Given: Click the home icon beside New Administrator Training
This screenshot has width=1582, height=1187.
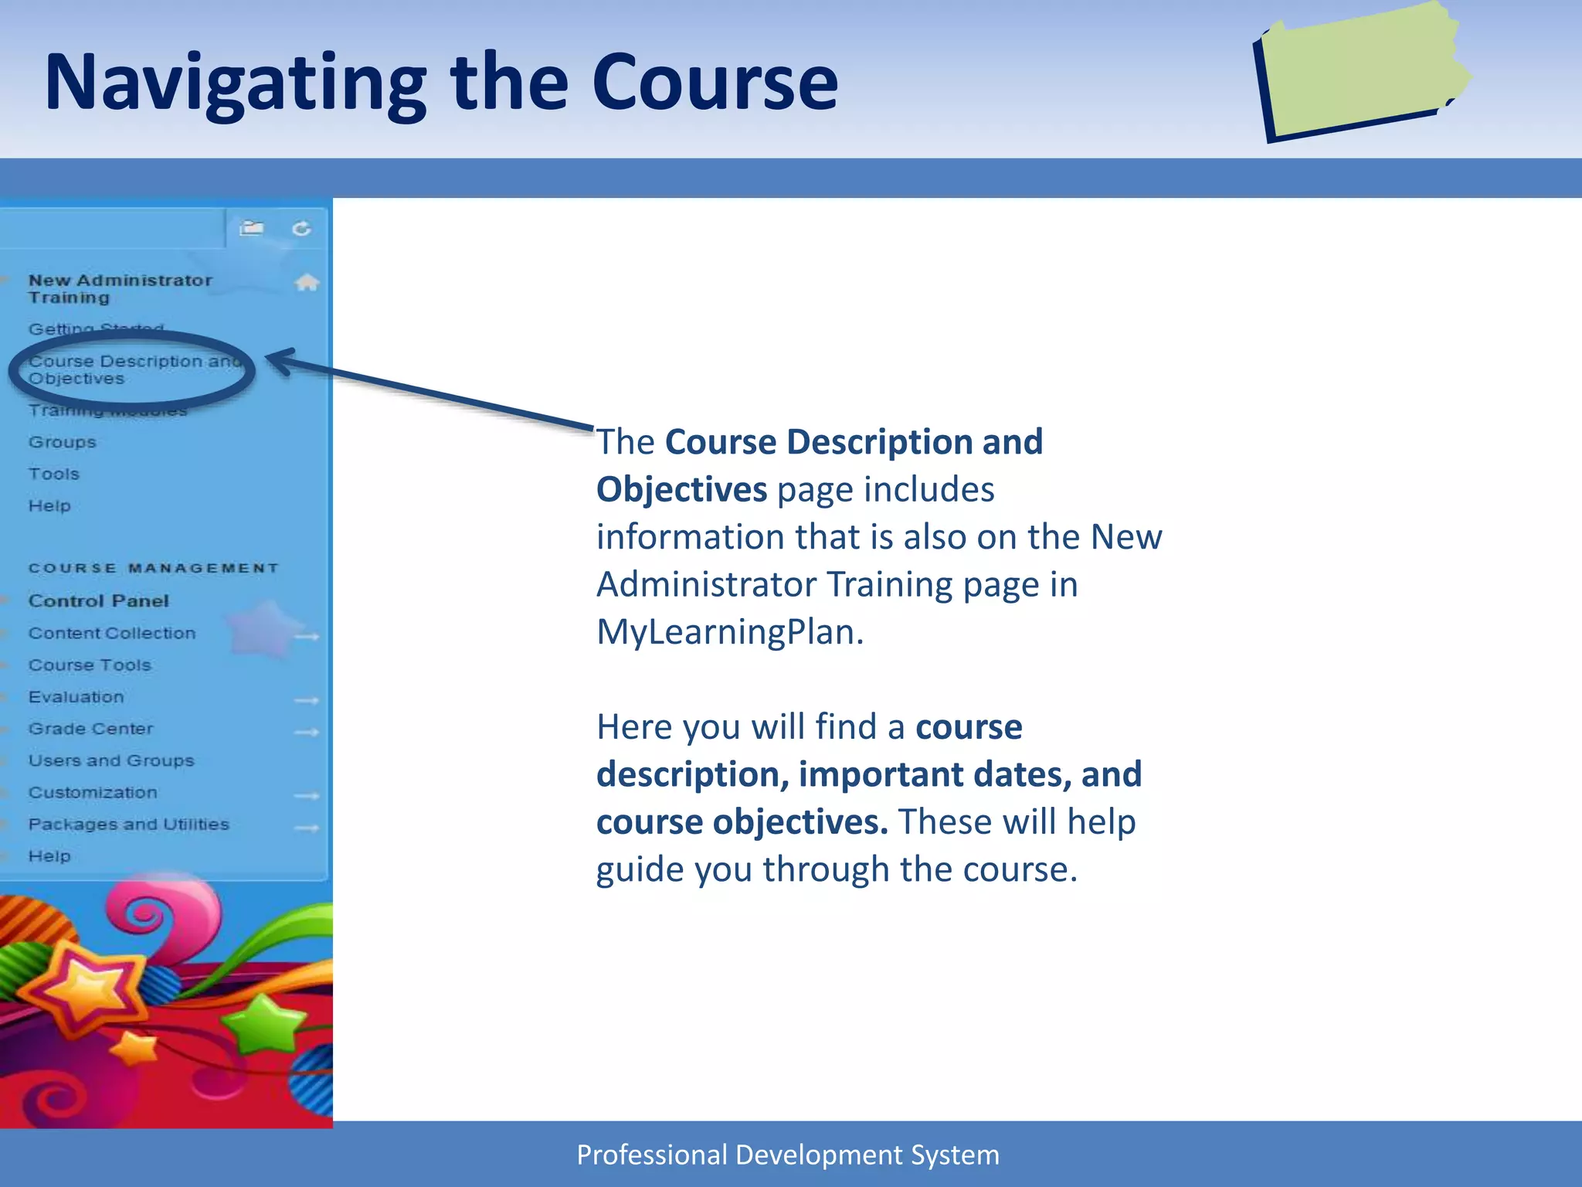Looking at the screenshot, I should [307, 283].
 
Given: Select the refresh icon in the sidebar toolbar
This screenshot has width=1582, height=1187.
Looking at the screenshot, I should [301, 229].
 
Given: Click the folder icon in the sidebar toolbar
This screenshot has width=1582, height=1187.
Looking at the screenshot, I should [251, 228].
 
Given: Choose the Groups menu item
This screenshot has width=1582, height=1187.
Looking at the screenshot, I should [63, 442].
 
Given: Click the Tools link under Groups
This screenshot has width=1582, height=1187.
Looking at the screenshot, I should [54, 474].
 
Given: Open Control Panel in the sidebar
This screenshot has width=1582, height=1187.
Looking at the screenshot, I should [98, 601].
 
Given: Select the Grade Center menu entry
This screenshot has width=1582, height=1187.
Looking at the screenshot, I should [90, 729].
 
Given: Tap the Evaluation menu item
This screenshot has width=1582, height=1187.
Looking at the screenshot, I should [76, 697].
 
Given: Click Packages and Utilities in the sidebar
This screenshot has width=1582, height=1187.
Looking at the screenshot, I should [128, 825].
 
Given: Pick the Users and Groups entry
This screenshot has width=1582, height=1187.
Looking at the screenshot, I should [111, 760].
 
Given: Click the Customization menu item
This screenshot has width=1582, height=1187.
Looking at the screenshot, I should [93, 793].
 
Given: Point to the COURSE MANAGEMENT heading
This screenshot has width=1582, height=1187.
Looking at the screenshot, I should [153, 569].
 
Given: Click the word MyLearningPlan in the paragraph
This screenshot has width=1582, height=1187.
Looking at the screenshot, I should [729, 632].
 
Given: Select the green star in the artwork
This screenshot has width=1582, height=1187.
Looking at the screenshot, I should [263, 1024].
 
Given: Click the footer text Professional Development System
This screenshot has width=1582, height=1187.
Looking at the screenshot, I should [788, 1155].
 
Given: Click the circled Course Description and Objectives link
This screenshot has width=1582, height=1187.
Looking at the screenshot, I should [131, 369].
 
